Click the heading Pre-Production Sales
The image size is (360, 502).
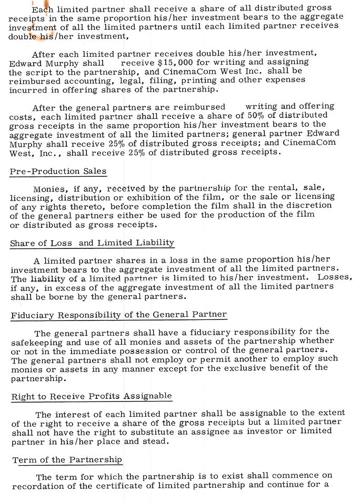pyautogui.click(x=58, y=172)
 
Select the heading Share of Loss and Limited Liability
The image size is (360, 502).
pyautogui.click(x=92, y=243)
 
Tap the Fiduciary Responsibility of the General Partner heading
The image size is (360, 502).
pyautogui.click(x=118, y=315)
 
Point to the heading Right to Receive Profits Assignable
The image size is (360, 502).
pyautogui.click(x=92, y=396)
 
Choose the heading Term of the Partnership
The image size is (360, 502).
pyautogui.click(x=67, y=460)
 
